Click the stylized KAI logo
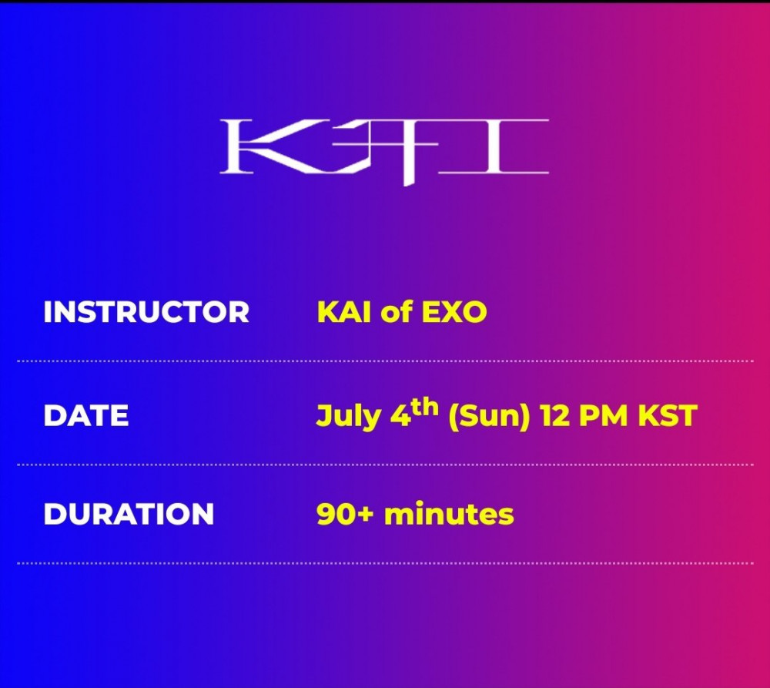click(x=384, y=151)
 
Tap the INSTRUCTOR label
click(x=146, y=312)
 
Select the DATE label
click(x=86, y=416)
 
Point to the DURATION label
click(x=129, y=514)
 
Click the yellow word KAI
click(x=343, y=312)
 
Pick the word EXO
click(x=454, y=312)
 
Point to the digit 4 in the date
click(x=400, y=416)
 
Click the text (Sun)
click(x=489, y=417)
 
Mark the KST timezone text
click(x=668, y=416)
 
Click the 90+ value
click(x=345, y=514)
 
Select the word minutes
click(x=449, y=513)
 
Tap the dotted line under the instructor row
click(x=385, y=361)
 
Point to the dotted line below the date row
click(x=385, y=465)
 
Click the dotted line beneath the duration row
click(x=385, y=563)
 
